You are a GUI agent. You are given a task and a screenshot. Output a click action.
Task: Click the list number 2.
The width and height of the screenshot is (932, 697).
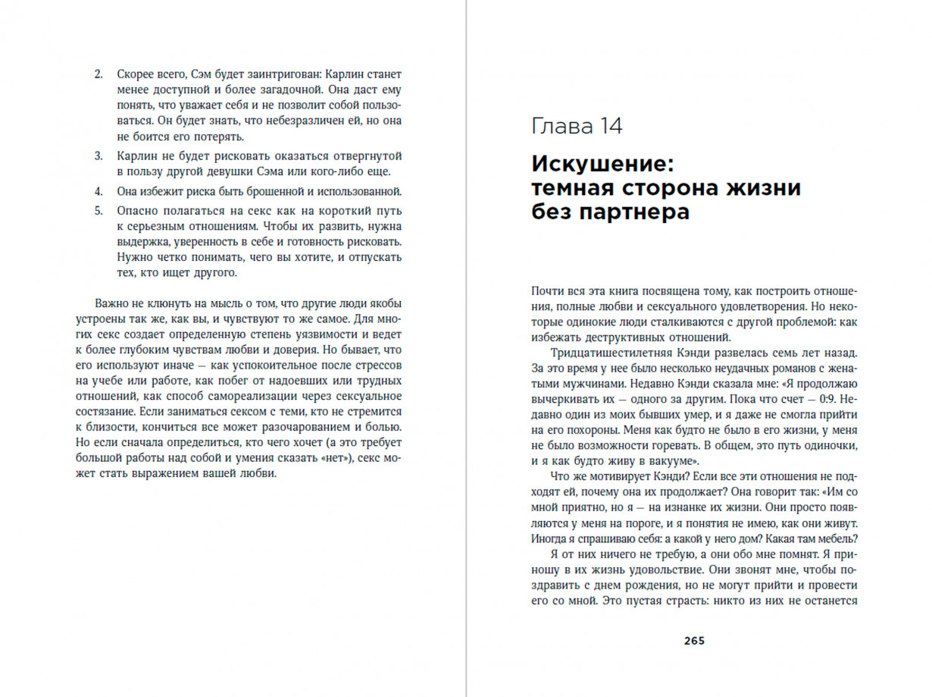(x=98, y=75)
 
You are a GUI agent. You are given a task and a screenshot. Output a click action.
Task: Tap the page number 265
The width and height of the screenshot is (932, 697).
(x=694, y=640)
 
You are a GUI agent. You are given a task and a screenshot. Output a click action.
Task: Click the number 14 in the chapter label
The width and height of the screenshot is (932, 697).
(x=609, y=126)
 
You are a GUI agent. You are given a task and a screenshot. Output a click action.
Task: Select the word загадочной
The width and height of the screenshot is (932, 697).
(x=255, y=90)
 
